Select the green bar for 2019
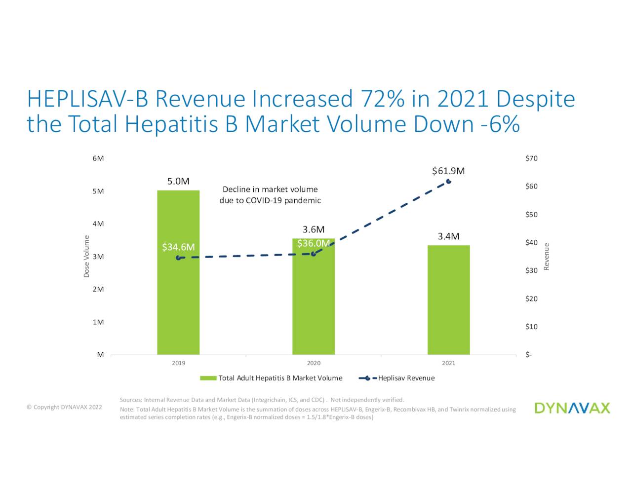click(178, 296)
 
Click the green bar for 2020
click(314, 306)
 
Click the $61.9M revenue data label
click(448, 171)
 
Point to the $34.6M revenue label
click(178, 247)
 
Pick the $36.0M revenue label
click(314, 243)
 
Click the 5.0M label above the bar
click(178, 181)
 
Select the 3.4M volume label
click(448, 236)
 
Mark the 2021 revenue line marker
click(448, 182)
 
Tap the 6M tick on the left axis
click(98, 158)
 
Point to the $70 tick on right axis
click(531, 158)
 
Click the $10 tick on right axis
click(531, 327)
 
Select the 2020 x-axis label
click(314, 363)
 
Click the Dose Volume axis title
click(86, 256)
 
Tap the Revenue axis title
click(547, 257)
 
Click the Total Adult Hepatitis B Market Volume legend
click(271, 378)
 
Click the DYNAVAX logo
click(572, 408)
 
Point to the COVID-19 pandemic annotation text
click(270, 195)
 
